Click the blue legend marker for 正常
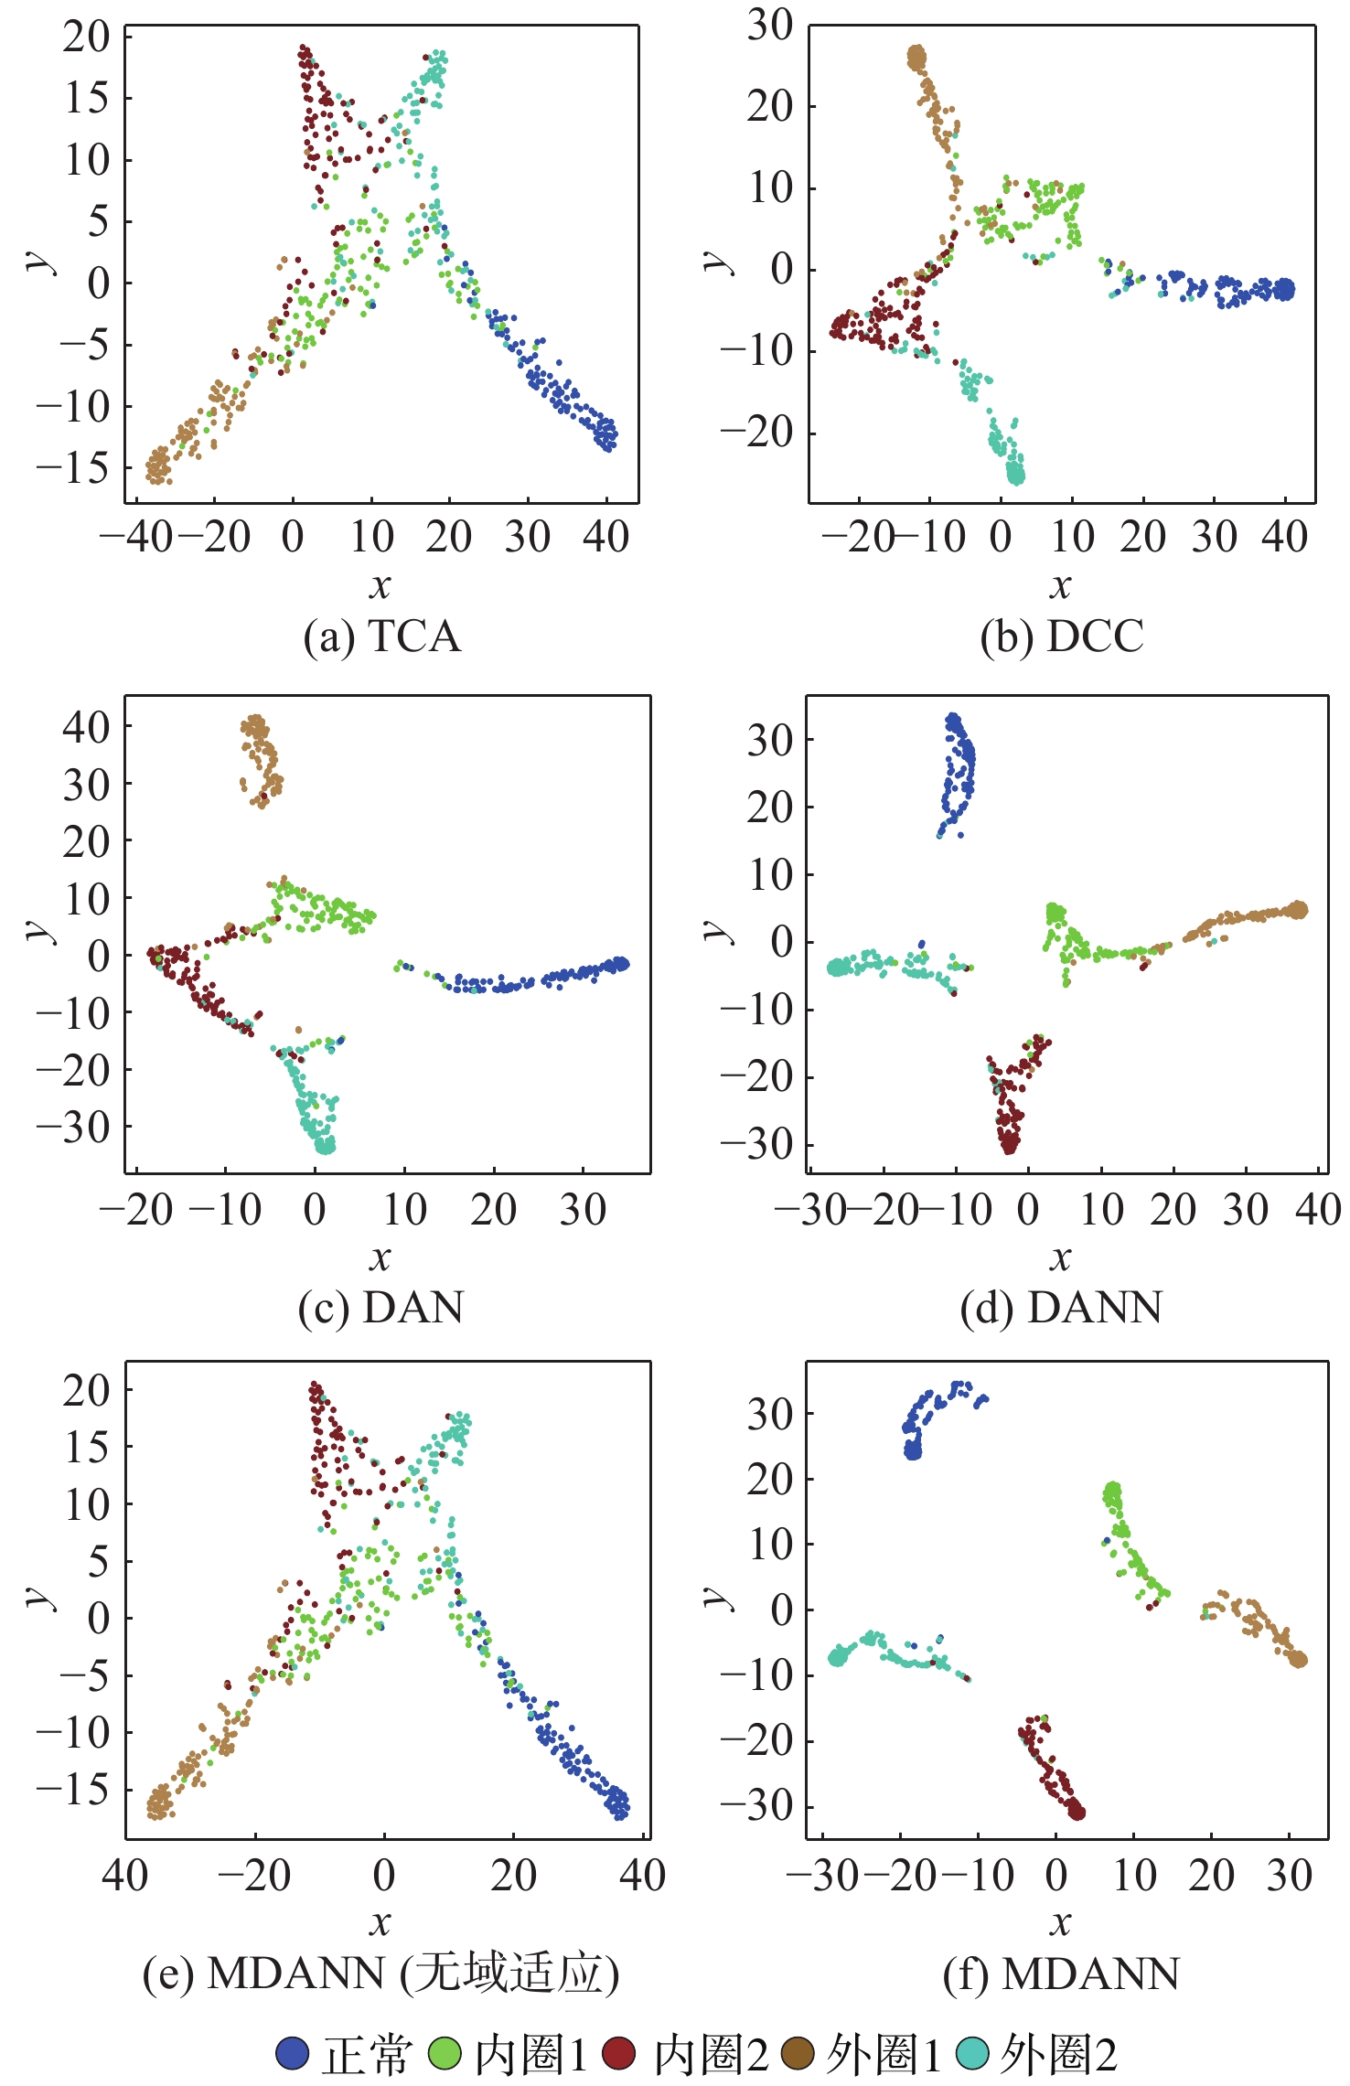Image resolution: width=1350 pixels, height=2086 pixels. (x=293, y=2054)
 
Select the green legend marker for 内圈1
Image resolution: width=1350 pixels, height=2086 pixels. (x=445, y=2054)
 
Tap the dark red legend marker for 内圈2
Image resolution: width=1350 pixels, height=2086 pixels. (x=619, y=2054)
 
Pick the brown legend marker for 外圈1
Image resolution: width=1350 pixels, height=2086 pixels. (x=798, y=2054)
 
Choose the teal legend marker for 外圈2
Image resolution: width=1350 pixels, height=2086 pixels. (x=973, y=2054)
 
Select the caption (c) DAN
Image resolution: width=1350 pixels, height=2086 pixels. (x=380, y=1308)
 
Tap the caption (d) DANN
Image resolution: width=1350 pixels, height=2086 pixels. (x=1061, y=1308)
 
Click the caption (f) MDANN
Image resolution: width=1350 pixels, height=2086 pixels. (x=1061, y=1974)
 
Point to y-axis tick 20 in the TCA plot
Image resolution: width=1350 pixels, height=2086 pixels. (x=86, y=37)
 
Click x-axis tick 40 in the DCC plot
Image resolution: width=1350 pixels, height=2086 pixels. (x=1284, y=537)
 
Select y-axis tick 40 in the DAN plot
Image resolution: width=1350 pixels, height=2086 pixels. (x=86, y=727)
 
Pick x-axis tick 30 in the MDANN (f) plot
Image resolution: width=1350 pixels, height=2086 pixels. (x=1290, y=1876)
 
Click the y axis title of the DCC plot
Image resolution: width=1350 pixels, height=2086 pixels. (x=719, y=262)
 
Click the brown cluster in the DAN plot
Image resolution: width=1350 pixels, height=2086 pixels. (x=261, y=759)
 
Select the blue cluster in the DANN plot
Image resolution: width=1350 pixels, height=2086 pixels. (x=958, y=773)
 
